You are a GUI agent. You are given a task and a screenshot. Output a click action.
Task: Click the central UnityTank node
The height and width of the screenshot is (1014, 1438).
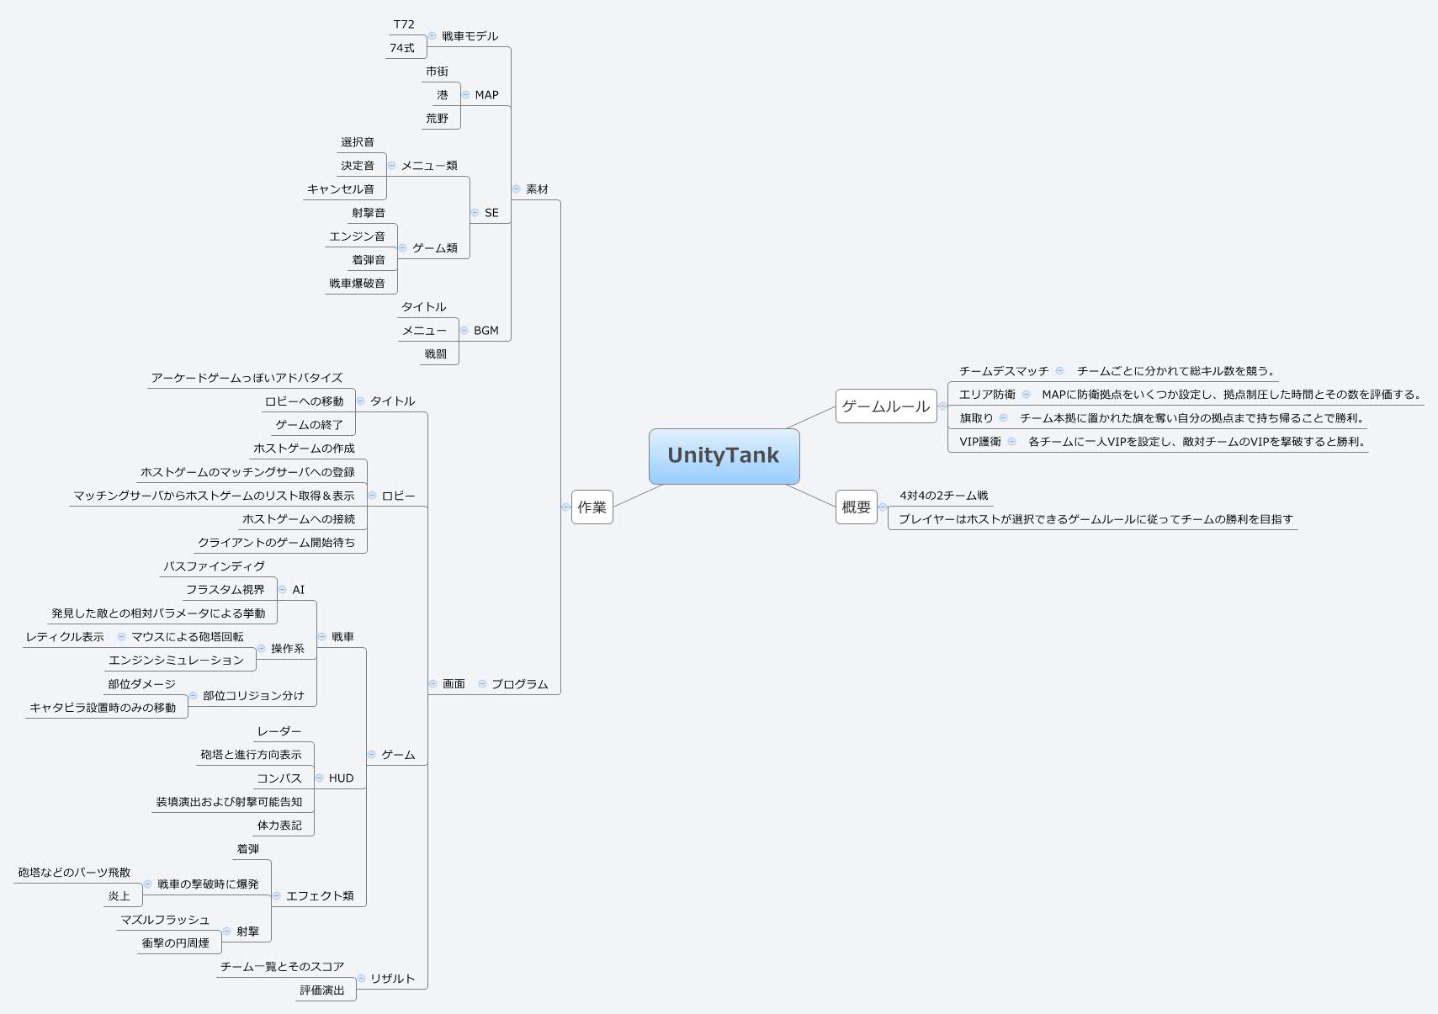724,455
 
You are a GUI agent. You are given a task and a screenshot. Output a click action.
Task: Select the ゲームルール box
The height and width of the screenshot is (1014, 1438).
885,406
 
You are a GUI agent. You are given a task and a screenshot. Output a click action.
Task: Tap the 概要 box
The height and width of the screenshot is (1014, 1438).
856,507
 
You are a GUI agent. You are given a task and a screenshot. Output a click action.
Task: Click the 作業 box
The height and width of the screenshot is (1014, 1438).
592,507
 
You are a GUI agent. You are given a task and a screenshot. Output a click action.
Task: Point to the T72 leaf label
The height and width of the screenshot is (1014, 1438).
404,24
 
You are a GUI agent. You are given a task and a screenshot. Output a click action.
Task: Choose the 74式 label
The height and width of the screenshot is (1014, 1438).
402,48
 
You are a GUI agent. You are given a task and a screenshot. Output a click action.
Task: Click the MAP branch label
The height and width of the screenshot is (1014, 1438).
486,95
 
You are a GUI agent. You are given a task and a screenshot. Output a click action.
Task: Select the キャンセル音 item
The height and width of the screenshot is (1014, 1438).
341,189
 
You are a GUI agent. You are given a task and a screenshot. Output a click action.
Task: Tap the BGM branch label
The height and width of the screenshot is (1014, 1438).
486,331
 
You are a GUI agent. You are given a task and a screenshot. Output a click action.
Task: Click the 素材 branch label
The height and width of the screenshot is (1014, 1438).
537,189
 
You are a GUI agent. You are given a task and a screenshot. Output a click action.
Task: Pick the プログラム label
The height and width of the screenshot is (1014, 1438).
519,684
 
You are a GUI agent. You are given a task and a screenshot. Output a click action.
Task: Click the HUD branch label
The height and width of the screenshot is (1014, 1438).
341,778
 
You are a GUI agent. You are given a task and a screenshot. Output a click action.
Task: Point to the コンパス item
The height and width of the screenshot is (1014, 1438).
279,778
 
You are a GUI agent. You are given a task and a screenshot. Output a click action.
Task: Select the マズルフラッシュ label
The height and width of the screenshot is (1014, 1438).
165,920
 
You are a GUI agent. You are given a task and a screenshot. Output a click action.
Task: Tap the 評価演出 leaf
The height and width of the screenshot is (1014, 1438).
322,990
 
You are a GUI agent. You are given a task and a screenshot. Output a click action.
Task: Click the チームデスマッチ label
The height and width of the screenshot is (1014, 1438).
1004,371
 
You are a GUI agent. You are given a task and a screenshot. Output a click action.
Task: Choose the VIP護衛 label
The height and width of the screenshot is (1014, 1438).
980,442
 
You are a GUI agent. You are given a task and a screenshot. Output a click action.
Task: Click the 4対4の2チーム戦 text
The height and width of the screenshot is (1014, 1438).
944,496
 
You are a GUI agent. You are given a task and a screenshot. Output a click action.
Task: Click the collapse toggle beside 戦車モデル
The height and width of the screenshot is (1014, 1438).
432,36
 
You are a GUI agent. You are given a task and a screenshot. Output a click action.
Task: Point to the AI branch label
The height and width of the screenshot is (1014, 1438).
298,590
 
